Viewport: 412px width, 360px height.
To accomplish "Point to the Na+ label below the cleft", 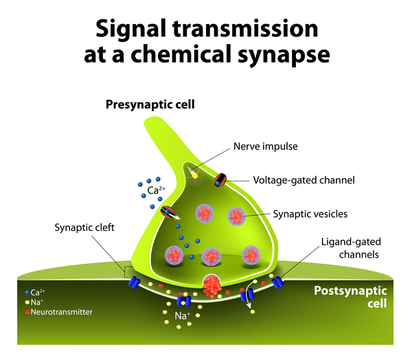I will click(x=183, y=316).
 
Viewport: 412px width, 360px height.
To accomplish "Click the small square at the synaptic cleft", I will click(x=128, y=272).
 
